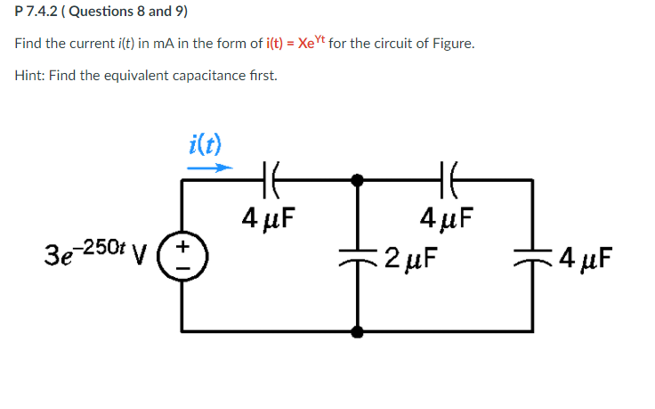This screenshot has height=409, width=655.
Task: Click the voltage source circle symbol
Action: tap(184, 256)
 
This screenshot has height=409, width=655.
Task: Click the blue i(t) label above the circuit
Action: tap(206, 143)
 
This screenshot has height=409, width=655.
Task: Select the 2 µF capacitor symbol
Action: tap(358, 256)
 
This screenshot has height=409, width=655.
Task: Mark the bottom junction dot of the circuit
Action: tap(358, 331)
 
